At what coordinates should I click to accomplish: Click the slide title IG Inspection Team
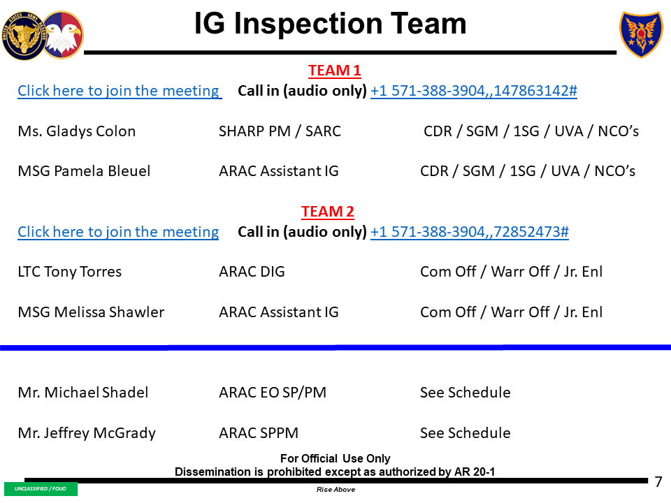point(330,24)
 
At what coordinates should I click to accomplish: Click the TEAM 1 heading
point(334,71)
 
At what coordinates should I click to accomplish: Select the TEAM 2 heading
point(327,212)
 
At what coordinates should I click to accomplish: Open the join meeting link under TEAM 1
point(118,91)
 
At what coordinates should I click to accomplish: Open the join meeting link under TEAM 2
point(117,232)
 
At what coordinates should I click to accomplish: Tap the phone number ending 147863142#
point(473,91)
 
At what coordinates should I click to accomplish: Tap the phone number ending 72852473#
point(469,232)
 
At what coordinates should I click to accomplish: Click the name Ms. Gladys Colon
point(76,131)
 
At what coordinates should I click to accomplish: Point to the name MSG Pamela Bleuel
point(84,171)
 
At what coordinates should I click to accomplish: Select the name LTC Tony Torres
point(69,272)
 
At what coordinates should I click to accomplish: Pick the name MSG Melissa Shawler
point(91,312)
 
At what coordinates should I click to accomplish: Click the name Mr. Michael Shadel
point(82,393)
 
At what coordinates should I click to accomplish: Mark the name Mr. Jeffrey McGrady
point(86,433)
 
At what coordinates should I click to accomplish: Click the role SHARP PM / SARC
point(280,131)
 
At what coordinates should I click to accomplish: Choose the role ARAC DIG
point(252,272)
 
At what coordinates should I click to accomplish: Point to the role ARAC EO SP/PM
point(272,393)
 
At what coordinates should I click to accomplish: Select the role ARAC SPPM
point(259,433)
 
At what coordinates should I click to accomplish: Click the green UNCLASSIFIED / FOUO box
point(41,489)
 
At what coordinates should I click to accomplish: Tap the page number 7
point(658,481)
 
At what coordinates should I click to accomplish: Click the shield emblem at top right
point(641,34)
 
